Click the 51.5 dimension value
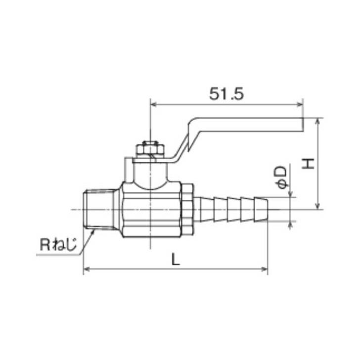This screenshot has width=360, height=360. [226, 94]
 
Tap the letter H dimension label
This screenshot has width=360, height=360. [308, 164]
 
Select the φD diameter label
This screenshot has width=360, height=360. [282, 177]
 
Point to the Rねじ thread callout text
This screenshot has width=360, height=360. [58, 245]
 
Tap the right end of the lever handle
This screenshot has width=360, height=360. [303, 125]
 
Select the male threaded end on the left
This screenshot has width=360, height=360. [99, 209]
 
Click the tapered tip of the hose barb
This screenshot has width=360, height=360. [261, 209]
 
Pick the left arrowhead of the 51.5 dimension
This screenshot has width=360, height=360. [153, 105]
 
